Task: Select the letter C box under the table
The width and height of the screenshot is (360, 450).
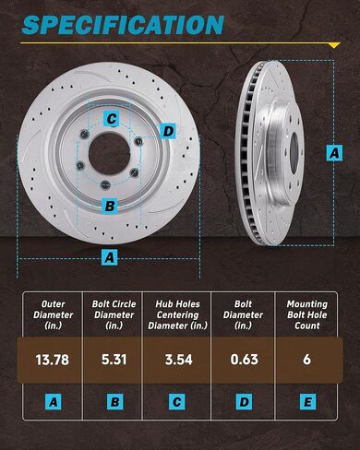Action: [179, 402]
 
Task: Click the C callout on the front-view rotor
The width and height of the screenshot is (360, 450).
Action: [110, 118]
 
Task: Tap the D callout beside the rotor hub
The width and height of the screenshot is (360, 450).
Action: [167, 131]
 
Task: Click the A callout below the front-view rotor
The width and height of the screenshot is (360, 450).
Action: [110, 258]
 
